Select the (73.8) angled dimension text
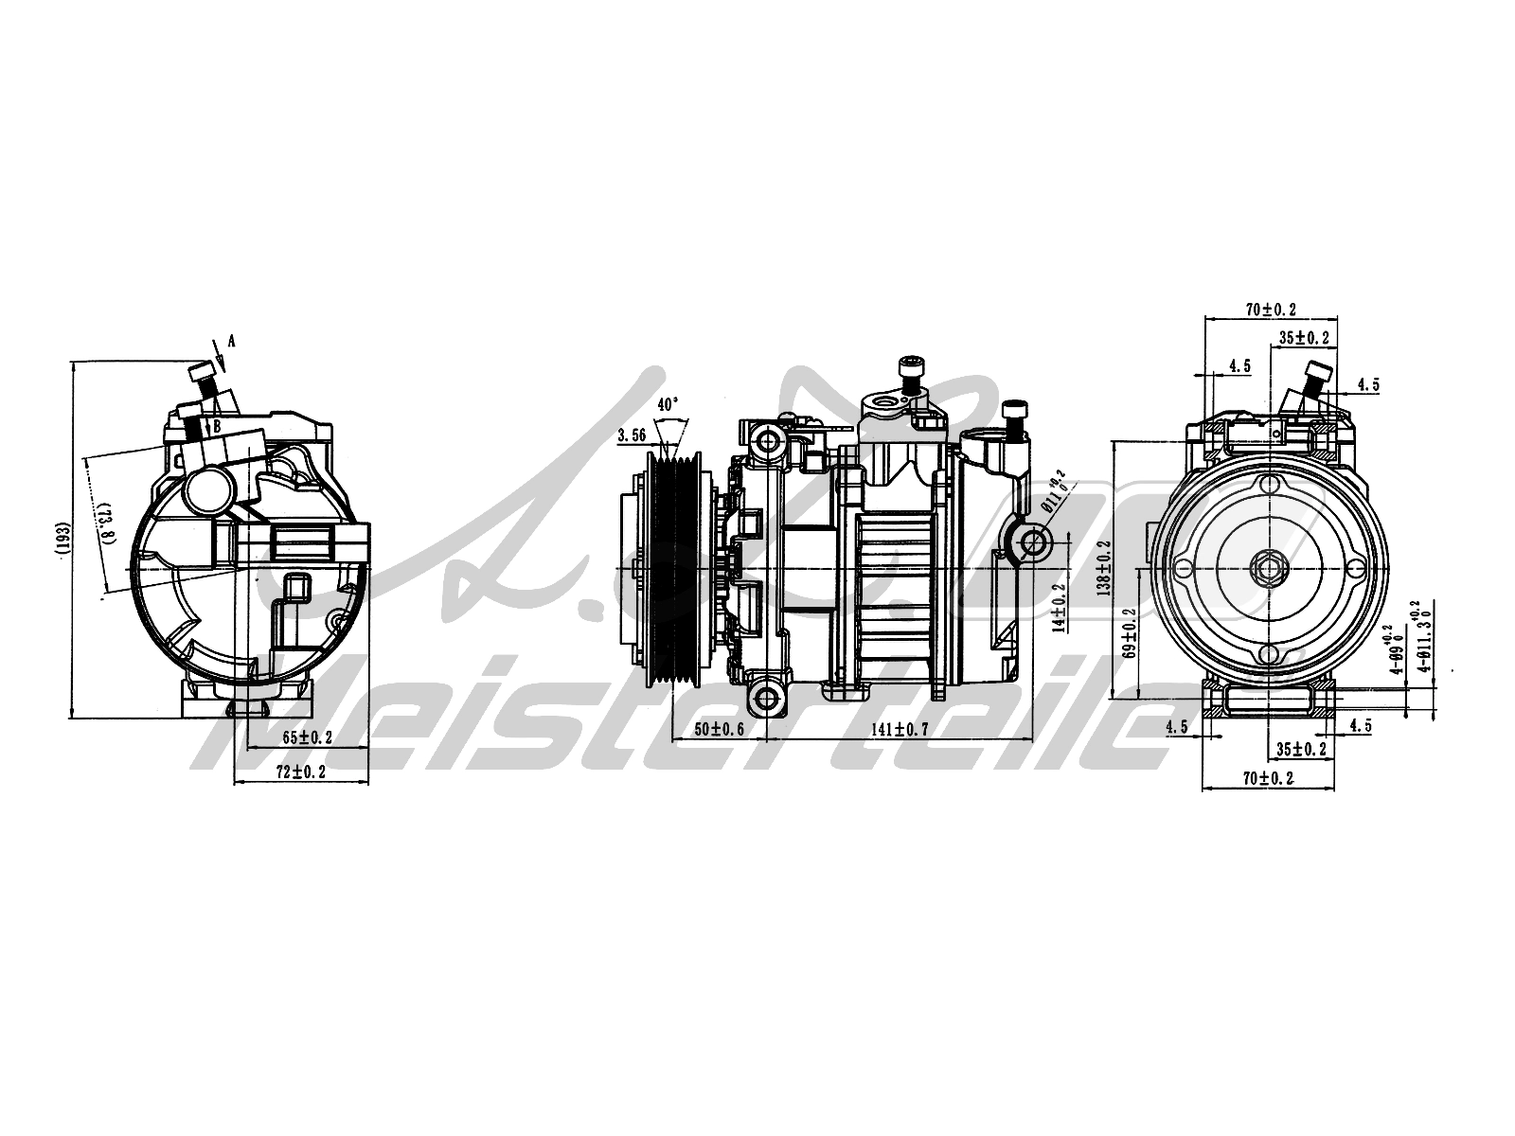point(106,521)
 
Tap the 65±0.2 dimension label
point(307,737)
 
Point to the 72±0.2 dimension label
point(300,772)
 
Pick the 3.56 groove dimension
point(632,435)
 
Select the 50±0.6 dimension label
point(720,729)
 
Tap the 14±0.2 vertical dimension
point(1060,607)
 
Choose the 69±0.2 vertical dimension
point(1129,633)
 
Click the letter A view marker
point(230,341)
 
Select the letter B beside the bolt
point(217,426)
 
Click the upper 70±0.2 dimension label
point(1270,310)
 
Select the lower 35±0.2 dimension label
point(1302,749)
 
